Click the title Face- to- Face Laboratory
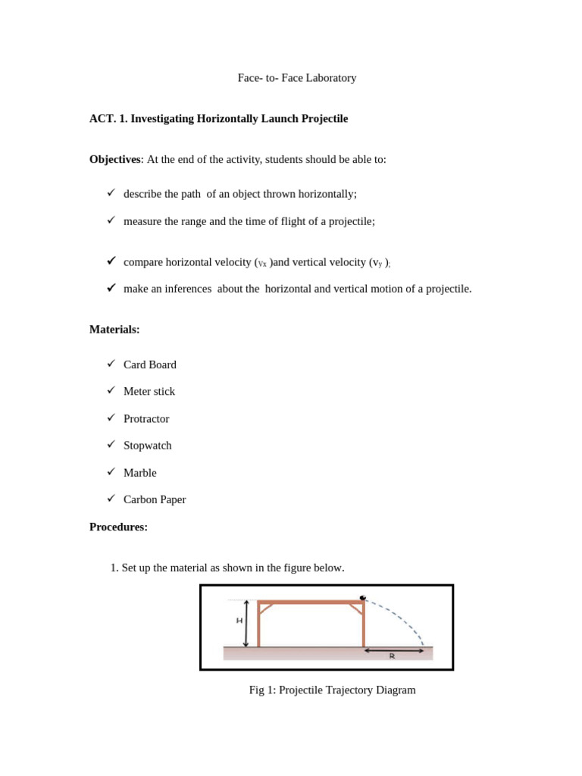pyautogui.click(x=296, y=78)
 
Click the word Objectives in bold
pyautogui.click(x=114, y=160)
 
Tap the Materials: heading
pyautogui.click(x=114, y=330)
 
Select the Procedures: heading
pyautogui.click(x=118, y=527)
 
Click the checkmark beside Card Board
pyautogui.click(x=111, y=364)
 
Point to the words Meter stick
pyautogui.click(x=149, y=392)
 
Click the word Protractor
pyautogui.click(x=146, y=419)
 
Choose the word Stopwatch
pyautogui.click(x=148, y=446)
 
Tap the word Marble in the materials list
pyautogui.click(x=140, y=473)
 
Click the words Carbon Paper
pyautogui.click(x=155, y=500)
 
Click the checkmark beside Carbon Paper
pyautogui.click(x=111, y=499)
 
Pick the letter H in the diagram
pyautogui.click(x=239, y=621)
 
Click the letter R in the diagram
pyautogui.click(x=392, y=656)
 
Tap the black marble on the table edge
pyautogui.click(x=363, y=598)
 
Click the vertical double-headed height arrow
pyautogui.click(x=246, y=624)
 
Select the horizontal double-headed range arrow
pyautogui.click(x=394, y=649)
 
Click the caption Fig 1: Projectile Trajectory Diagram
pyautogui.click(x=332, y=690)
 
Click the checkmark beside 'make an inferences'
pyautogui.click(x=111, y=288)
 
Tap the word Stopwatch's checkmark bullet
pyautogui.click(x=111, y=444)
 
